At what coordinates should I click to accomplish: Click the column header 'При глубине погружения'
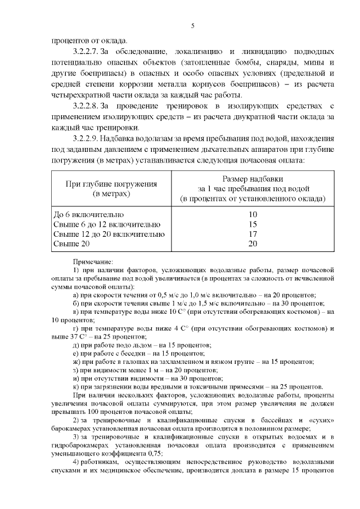click(111, 183)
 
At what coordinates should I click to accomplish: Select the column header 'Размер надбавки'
click(253, 178)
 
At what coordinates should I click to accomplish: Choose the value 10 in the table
click(253, 214)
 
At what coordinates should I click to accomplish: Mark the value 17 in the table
click(253, 234)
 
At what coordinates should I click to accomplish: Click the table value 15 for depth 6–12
click(253, 224)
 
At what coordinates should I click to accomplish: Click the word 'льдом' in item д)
click(136, 345)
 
